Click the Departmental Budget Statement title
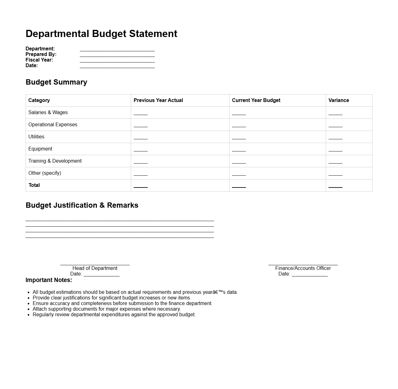(x=101, y=34)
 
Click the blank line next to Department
(x=117, y=49)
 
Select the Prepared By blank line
(x=117, y=55)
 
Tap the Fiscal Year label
(x=39, y=60)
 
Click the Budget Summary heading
(x=56, y=82)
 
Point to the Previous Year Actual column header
(x=158, y=100)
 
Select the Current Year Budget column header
(x=256, y=100)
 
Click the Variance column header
(x=339, y=100)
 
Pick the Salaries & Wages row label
(x=48, y=113)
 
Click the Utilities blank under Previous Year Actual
(x=140, y=138)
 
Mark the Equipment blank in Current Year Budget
(x=239, y=150)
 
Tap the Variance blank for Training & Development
(x=335, y=162)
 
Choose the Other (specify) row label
(x=45, y=173)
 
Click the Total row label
(x=34, y=185)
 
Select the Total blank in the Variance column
(x=335, y=186)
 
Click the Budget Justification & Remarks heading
(x=82, y=205)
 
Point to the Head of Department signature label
(x=95, y=268)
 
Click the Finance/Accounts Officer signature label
(x=303, y=268)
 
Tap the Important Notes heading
(x=49, y=280)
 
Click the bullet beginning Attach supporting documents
(x=107, y=309)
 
